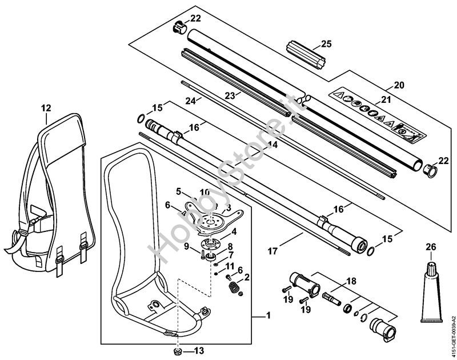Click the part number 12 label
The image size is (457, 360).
tap(46, 107)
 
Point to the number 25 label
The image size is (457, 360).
tap(326, 43)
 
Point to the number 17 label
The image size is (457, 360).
tap(273, 250)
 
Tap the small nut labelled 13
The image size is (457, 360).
tap(178, 350)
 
